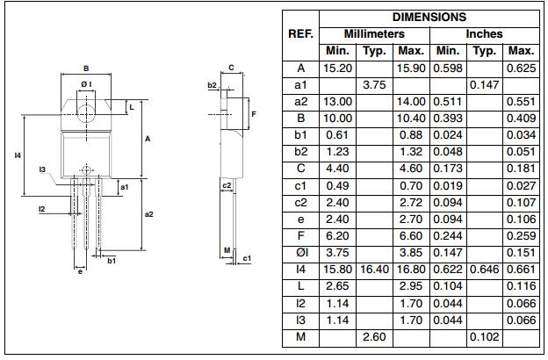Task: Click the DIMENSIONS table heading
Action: click(429, 17)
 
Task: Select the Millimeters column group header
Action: click(373, 34)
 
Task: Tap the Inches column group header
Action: click(484, 34)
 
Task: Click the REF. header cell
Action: click(300, 34)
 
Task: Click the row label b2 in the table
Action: click(300, 152)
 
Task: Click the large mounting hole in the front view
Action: click(86, 112)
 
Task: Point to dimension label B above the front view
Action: click(86, 68)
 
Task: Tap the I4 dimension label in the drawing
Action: click(18, 155)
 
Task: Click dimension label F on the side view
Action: click(254, 114)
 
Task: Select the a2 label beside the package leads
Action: click(148, 213)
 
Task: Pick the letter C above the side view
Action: click(231, 68)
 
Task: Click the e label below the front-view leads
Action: click(80, 271)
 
